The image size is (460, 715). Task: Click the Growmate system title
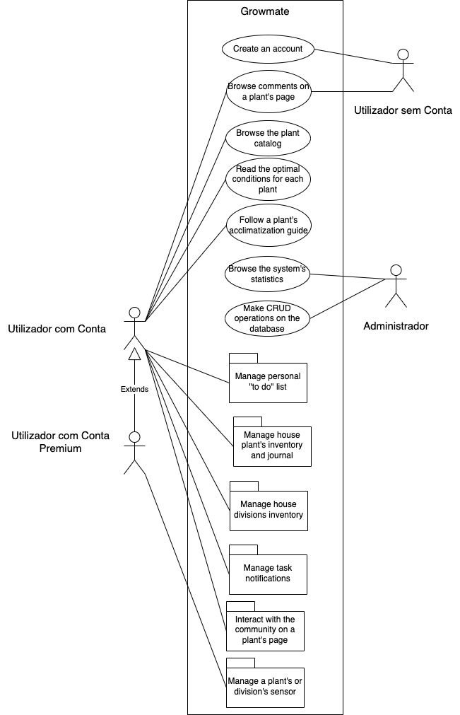click(265, 11)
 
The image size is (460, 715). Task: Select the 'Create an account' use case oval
click(267, 49)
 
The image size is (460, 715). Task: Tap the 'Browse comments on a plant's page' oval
click(269, 92)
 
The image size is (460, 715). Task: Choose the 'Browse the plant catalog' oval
click(269, 138)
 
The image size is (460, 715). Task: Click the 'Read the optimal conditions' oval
click(269, 180)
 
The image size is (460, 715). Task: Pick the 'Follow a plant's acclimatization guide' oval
click(269, 225)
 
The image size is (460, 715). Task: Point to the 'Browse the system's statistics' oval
click(269, 274)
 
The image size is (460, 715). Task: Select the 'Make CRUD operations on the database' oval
click(269, 318)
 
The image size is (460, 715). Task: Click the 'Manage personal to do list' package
click(269, 382)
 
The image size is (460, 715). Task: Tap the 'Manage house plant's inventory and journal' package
click(272, 445)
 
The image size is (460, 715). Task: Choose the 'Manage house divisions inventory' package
click(269, 509)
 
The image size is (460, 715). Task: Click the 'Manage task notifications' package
click(268, 573)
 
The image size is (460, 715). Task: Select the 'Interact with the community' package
click(265, 629)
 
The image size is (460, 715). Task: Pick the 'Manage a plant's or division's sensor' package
click(265, 686)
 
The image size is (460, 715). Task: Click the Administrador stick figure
click(396, 286)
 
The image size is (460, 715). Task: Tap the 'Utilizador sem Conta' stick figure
click(403, 71)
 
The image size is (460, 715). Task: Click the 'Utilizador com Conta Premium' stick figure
click(134, 453)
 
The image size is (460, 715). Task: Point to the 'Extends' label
click(134, 389)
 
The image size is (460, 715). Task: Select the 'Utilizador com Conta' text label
click(57, 328)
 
